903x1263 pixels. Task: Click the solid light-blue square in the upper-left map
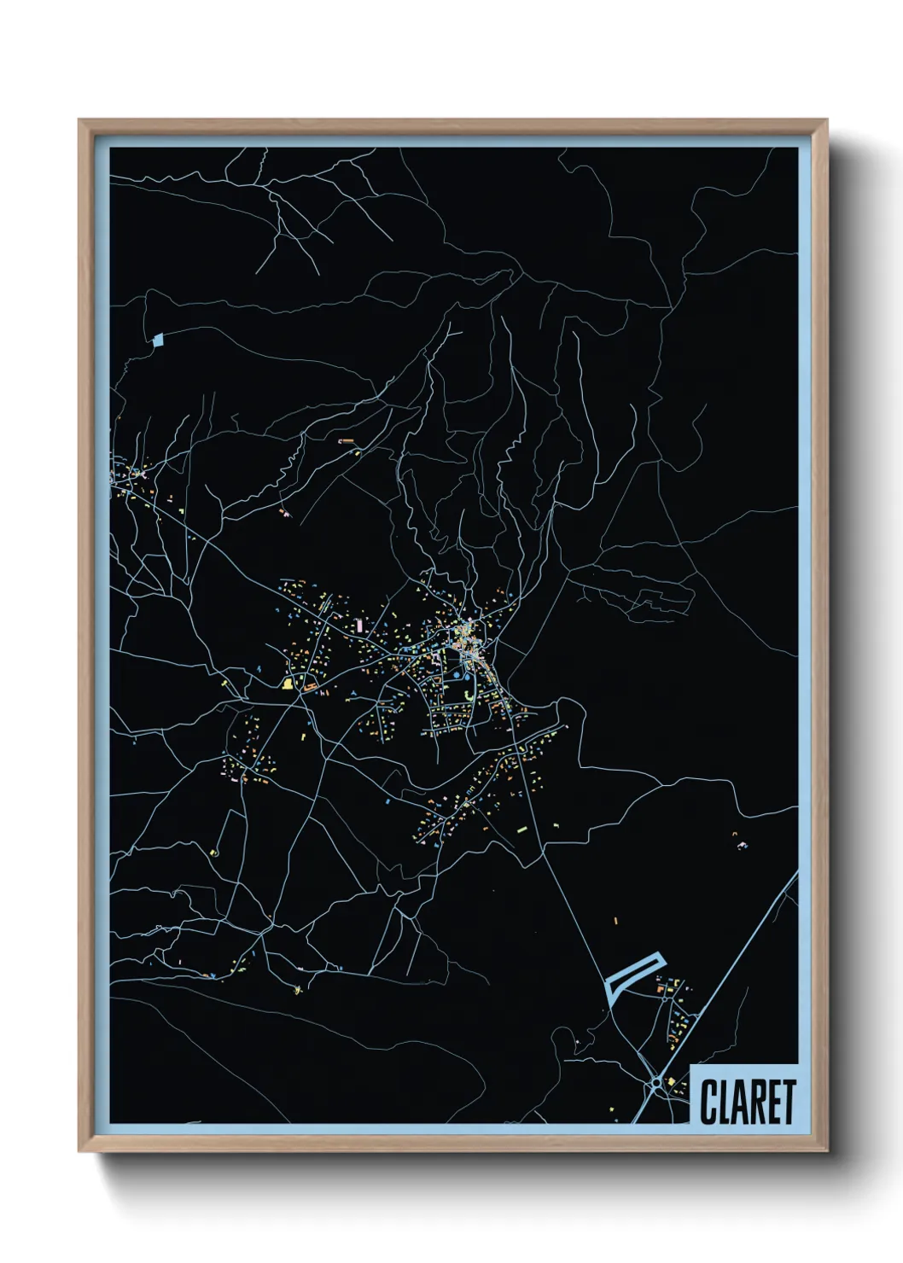157,339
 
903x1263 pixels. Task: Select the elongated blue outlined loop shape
632,975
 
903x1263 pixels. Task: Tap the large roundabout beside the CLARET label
655,1084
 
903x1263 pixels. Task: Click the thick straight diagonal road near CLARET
734,964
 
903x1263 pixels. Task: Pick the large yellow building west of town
288,683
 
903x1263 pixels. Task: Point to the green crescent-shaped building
469,696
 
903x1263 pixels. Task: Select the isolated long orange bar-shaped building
347,440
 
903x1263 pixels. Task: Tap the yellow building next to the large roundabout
671,1081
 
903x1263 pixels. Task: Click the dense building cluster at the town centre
465,636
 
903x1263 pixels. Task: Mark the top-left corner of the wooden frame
79,120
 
